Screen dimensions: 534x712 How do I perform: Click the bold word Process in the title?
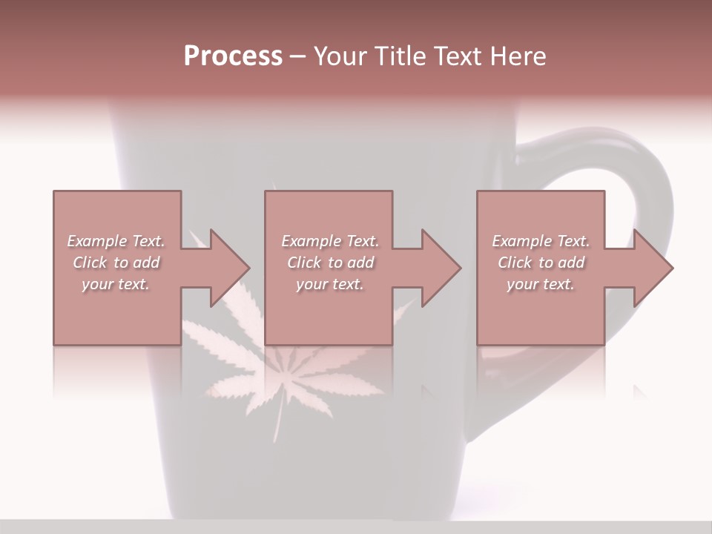point(233,56)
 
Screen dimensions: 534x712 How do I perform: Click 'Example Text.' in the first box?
point(116,241)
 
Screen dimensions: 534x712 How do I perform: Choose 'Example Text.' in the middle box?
point(329,241)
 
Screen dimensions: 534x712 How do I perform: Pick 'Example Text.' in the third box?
point(541,241)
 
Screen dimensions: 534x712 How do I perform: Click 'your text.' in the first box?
point(116,284)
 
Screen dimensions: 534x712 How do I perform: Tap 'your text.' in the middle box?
point(329,284)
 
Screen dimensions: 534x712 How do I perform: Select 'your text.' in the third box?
point(541,284)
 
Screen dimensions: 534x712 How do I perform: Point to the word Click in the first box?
point(90,263)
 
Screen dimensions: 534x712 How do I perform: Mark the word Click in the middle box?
point(304,263)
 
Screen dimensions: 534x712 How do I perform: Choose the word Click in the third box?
point(515,263)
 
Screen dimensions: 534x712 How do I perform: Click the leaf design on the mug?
point(282,371)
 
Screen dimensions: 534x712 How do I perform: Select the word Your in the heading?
point(340,56)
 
